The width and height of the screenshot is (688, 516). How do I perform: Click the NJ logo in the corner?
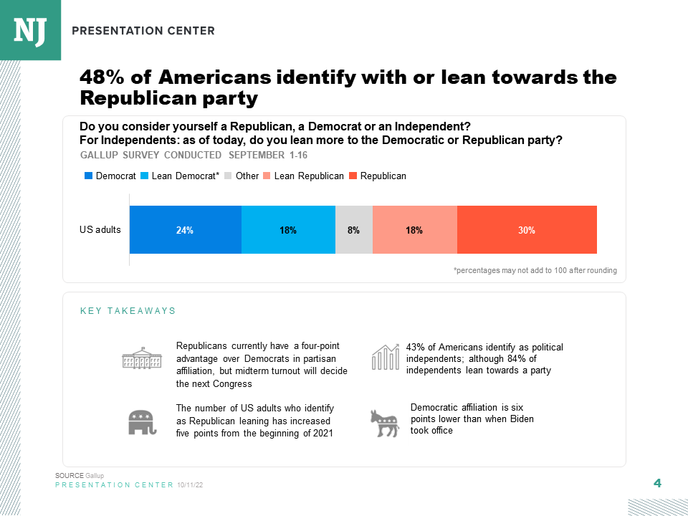click(30, 30)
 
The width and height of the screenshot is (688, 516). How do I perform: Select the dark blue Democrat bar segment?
click(185, 230)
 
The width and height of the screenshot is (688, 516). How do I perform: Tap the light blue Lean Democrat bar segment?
click(288, 230)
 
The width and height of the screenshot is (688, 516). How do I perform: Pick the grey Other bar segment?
click(354, 230)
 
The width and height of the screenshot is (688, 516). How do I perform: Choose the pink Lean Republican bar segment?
click(414, 230)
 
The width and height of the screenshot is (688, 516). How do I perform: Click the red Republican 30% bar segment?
click(527, 230)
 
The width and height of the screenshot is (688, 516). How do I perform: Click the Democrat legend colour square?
click(89, 176)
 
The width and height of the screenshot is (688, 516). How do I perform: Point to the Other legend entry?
click(242, 176)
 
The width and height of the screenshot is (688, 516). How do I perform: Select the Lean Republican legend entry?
click(303, 176)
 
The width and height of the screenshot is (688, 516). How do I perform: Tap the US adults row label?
click(100, 230)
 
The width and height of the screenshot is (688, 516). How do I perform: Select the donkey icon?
click(384, 423)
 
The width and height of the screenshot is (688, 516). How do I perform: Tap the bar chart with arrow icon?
click(385, 357)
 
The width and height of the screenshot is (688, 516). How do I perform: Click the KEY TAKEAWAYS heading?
click(128, 311)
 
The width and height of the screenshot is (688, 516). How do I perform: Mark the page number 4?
click(657, 483)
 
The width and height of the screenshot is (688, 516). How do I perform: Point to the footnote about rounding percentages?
click(535, 270)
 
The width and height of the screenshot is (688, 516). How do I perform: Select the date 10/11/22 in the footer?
click(190, 485)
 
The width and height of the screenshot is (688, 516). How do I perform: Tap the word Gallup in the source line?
click(95, 476)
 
